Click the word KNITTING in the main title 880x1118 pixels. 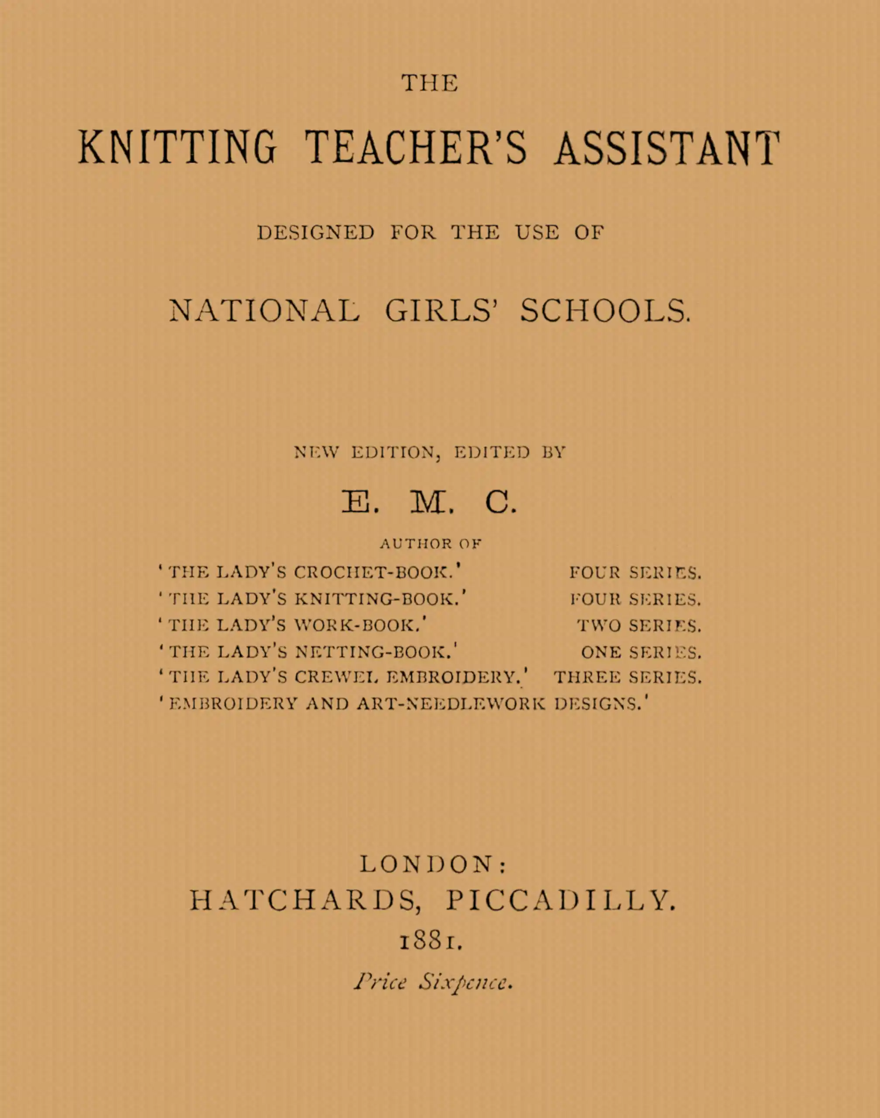click(177, 148)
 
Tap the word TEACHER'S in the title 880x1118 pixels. click(416, 148)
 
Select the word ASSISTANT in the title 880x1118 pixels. click(667, 148)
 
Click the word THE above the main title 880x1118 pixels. click(430, 83)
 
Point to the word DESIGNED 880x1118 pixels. click(316, 233)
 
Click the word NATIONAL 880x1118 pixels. click(264, 311)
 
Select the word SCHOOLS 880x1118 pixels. click(605, 311)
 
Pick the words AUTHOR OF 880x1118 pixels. click(431, 544)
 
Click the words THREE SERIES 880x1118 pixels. click(627, 677)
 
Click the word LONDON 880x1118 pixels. click(427, 865)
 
